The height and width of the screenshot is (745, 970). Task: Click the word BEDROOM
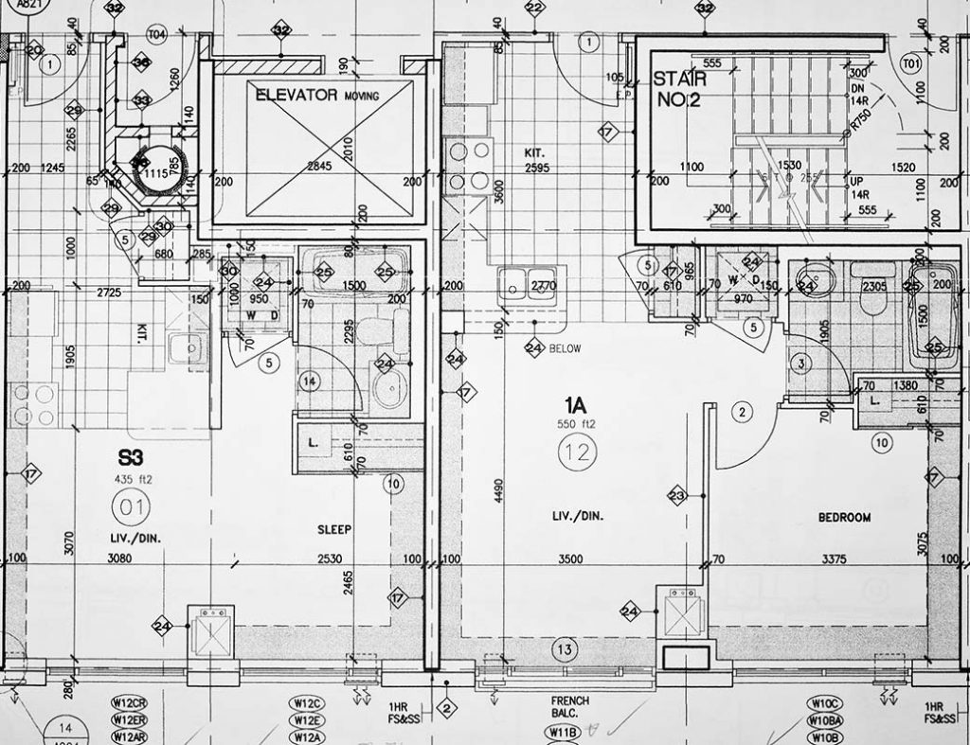[844, 518]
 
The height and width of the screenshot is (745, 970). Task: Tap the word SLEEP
[335, 530]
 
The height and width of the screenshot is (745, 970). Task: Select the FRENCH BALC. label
[570, 707]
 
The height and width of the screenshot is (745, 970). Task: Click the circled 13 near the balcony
[565, 649]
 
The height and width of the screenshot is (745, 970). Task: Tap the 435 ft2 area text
[133, 479]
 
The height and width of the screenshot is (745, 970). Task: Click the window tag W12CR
[129, 703]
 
